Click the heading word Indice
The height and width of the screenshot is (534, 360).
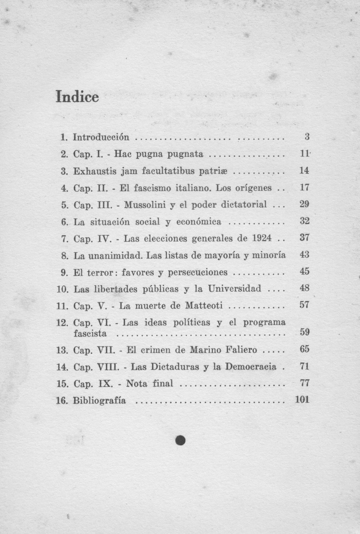point(77,97)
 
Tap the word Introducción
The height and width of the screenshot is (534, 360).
point(101,137)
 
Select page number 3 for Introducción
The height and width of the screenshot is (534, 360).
point(307,137)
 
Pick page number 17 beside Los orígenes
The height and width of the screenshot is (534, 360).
point(304,188)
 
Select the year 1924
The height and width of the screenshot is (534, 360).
point(262,238)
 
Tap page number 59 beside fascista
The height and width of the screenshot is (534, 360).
point(305,332)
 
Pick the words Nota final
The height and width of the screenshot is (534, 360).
point(149,383)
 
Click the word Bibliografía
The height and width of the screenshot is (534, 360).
point(99,400)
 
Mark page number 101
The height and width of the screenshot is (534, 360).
point(302,400)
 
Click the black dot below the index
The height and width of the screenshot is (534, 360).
point(180,440)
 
